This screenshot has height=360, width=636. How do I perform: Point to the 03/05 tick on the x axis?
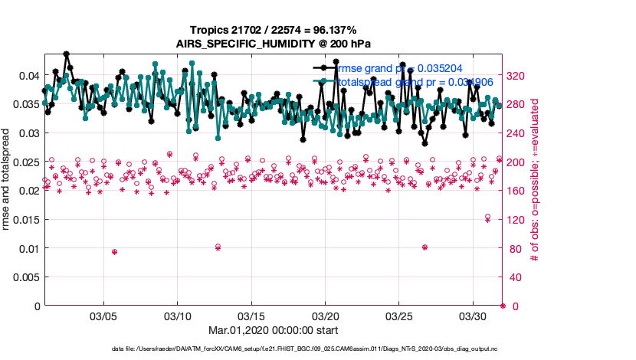(103, 316)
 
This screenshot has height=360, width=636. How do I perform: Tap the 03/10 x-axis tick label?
(178, 316)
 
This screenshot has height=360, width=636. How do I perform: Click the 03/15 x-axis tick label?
(251, 316)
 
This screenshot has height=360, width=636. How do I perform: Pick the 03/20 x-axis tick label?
(326, 316)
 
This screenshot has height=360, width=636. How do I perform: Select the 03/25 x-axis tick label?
(399, 316)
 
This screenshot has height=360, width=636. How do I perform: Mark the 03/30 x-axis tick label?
(473, 316)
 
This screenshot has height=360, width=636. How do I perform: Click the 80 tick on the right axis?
(514, 248)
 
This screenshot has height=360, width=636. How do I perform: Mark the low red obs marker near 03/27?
(425, 247)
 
